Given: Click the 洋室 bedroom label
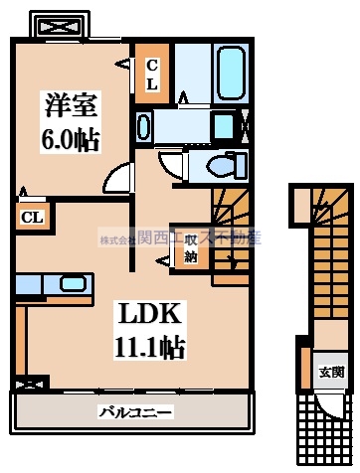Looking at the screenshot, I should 69,102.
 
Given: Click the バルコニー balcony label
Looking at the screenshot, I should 135,411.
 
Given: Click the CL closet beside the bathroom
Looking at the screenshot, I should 152,75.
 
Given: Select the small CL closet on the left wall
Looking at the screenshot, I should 32,217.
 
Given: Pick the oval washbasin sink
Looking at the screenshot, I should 144,126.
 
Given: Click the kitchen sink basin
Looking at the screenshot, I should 73,283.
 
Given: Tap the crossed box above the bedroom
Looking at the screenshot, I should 58,25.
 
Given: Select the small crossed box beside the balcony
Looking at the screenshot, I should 31,383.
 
